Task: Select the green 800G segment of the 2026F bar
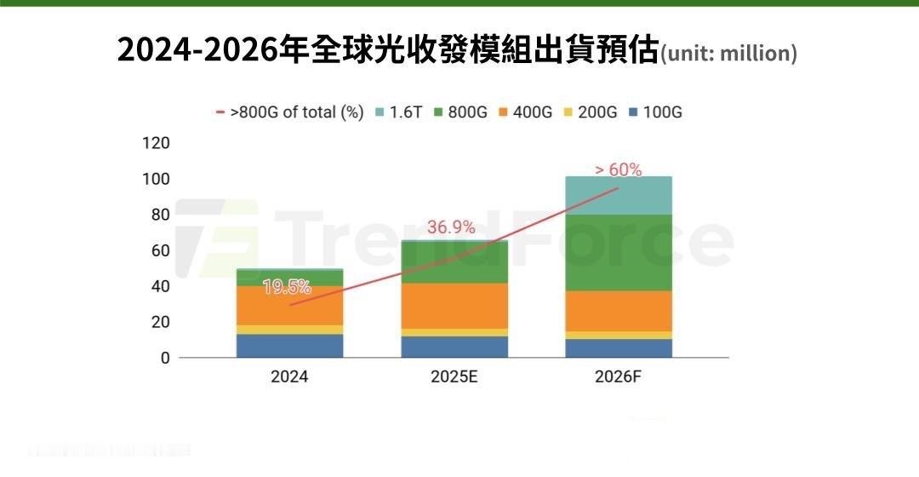click(x=619, y=252)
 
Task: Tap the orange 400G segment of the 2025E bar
click(x=454, y=306)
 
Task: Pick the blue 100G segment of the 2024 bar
click(x=290, y=346)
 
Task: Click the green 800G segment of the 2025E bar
click(x=454, y=262)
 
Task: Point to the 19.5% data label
click(x=287, y=287)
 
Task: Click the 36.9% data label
click(x=451, y=227)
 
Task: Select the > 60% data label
click(x=618, y=170)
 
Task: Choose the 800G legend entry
click(x=460, y=112)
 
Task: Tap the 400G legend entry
click(x=525, y=112)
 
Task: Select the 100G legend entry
click(x=654, y=112)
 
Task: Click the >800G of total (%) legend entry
click(x=289, y=112)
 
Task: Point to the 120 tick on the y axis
click(x=157, y=142)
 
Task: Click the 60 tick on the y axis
click(x=160, y=250)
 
